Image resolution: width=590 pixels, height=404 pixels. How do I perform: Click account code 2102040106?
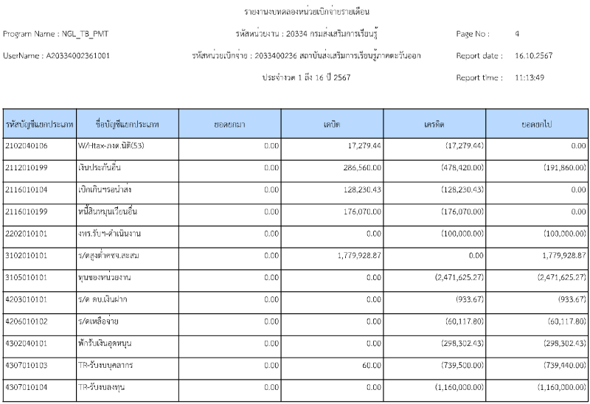point(27,147)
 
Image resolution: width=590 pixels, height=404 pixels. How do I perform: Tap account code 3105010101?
point(27,278)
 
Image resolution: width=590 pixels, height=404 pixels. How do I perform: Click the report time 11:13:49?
point(529,77)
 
